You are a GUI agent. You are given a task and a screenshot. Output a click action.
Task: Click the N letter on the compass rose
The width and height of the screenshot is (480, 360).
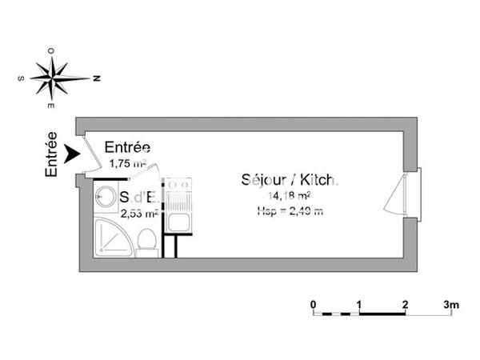[95, 78]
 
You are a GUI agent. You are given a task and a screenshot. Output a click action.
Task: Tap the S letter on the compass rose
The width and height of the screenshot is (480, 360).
[20, 78]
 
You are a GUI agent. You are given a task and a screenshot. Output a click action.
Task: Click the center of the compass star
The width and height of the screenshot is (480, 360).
[54, 78]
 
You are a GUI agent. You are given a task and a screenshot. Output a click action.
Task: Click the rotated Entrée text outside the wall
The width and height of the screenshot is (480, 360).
[51, 154]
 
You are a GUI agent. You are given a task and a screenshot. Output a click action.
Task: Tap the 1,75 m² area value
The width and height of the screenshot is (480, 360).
[127, 163]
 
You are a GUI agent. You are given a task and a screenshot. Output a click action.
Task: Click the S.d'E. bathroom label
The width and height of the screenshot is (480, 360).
[141, 197]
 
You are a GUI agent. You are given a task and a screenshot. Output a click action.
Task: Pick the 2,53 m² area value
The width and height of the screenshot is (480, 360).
[139, 214]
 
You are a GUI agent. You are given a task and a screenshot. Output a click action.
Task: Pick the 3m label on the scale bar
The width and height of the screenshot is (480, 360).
[452, 304]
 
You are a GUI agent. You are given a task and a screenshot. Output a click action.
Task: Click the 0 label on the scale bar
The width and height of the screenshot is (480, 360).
[314, 304]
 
